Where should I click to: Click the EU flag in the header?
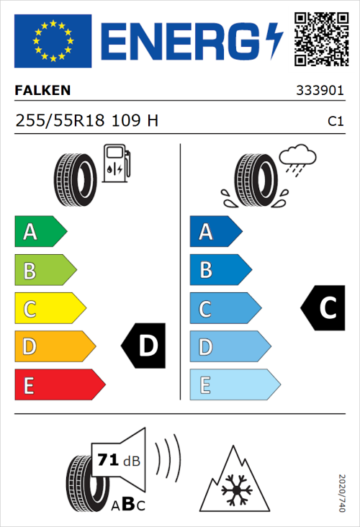(53, 41)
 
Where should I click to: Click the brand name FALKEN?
(42, 91)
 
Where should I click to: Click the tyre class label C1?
(335, 122)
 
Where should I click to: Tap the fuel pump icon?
(115, 163)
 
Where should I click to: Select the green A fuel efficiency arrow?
(40, 232)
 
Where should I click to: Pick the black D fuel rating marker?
(144, 346)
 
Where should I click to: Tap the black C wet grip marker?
(324, 308)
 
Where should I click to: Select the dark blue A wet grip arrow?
(215, 232)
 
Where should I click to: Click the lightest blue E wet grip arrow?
(234, 385)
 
